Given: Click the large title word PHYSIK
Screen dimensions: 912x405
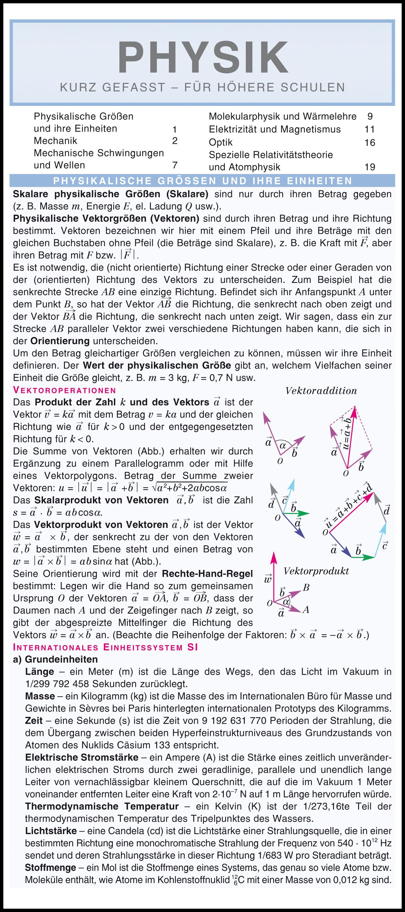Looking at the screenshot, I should pyautogui.click(x=203, y=58).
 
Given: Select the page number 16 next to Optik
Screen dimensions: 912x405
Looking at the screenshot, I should pyautogui.click(x=370, y=143).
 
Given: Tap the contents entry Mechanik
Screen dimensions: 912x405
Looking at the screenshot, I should pyautogui.click(x=55, y=141).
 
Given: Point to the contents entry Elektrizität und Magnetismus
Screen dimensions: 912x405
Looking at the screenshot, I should pyautogui.click(x=274, y=129).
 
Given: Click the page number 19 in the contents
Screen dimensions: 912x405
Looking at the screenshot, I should pyautogui.click(x=370, y=167).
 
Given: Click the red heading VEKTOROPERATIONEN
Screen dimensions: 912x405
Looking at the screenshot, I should pyautogui.click(x=65, y=390).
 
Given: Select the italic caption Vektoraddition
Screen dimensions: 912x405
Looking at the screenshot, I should pyautogui.click(x=321, y=391).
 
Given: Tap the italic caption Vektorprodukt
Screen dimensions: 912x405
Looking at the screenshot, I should pyautogui.click(x=316, y=571).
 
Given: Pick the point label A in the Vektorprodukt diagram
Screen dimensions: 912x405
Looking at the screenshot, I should pyautogui.click(x=306, y=610).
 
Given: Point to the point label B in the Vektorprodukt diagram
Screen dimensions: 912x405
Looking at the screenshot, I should pyautogui.click(x=306, y=588).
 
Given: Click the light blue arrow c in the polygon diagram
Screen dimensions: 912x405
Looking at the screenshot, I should pyautogui.click(x=381, y=540).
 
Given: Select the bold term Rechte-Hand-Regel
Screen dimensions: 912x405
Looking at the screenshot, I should pyautogui.click(x=207, y=573).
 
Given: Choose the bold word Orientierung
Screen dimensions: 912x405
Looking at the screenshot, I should pyautogui.click(x=60, y=341).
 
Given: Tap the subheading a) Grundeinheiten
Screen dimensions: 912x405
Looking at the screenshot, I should pyautogui.click(x=55, y=660).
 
